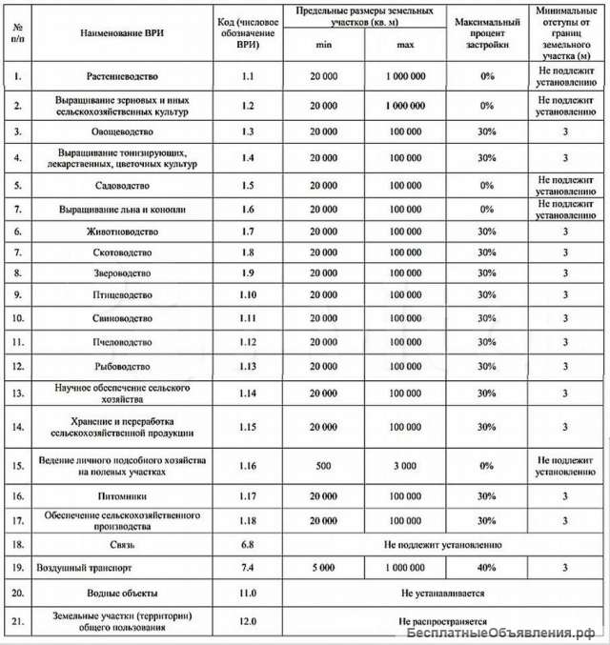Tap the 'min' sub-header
pyautogui.click(x=323, y=44)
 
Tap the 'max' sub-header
pyautogui.click(x=405, y=44)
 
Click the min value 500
pyautogui.click(x=323, y=465)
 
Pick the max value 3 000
pyautogui.click(x=405, y=465)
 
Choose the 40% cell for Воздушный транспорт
pyautogui.click(x=487, y=568)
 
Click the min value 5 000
pyautogui.click(x=323, y=568)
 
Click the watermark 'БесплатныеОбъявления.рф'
pyautogui.click(x=505, y=634)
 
